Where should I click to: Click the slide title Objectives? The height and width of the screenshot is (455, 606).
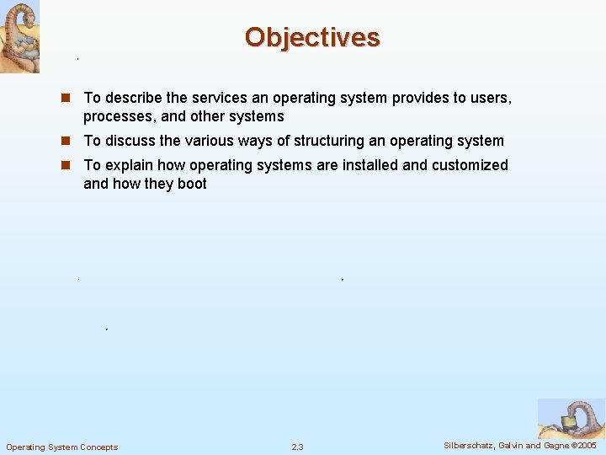point(312,38)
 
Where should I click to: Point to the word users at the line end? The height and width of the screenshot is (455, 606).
point(491,98)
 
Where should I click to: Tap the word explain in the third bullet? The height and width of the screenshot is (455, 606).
point(128,165)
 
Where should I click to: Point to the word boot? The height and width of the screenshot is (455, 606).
point(191,184)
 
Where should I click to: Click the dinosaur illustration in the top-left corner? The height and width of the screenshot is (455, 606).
point(19,36)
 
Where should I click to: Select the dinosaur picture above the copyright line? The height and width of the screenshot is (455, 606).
point(571,419)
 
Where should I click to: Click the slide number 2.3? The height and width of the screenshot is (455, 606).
point(297,447)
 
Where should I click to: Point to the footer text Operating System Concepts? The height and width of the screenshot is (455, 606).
point(62,447)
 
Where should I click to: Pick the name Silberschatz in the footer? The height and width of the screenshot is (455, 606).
point(470,446)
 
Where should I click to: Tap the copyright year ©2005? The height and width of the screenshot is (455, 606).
point(583,446)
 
